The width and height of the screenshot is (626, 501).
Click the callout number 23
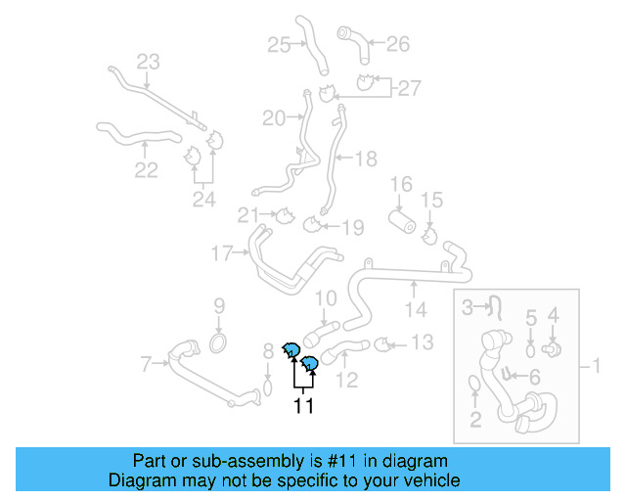(147, 63)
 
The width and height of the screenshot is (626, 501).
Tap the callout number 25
(279, 44)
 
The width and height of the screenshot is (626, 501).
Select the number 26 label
(397, 43)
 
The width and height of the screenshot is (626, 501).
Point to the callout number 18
(365, 158)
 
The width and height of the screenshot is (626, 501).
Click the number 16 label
(402, 184)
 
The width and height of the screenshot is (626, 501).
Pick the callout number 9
(219, 305)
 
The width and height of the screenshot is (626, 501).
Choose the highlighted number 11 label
(303, 405)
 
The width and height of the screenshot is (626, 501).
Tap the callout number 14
(417, 310)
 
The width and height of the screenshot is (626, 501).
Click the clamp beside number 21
(283, 215)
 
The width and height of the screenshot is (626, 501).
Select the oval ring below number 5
(531, 349)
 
